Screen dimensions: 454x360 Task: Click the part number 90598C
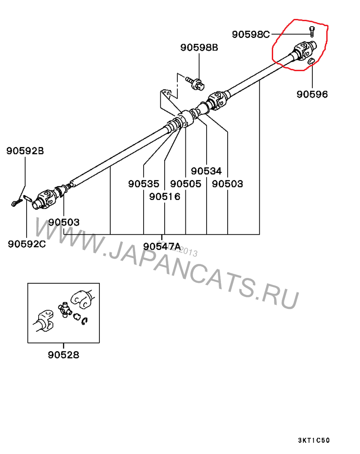(251, 34)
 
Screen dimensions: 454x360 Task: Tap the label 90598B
(199, 47)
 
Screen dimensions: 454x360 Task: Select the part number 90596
(312, 94)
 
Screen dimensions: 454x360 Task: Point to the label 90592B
(25, 151)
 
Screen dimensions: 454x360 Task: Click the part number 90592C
(27, 244)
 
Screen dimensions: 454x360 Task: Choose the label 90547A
(162, 246)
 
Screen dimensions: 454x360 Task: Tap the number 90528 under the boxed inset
(63, 354)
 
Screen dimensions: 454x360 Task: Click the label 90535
(144, 184)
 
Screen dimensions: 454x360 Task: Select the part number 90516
(165, 196)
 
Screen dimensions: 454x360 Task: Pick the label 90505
(186, 184)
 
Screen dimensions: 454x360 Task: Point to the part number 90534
(206, 171)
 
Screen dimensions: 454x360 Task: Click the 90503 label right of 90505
(227, 184)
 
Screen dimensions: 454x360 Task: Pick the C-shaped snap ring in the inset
(85, 320)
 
